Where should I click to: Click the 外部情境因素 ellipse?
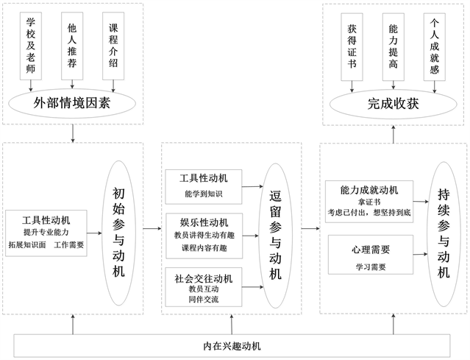[x=72, y=104]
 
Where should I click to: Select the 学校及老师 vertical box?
[x=31, y=46]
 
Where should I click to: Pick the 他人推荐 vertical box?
[x=72, y=46]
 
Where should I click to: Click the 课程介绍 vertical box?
[x=113, y=46]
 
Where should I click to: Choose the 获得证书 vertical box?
[x=352, y=46]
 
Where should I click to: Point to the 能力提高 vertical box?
[x=394, y=46]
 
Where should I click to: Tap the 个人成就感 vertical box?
[x=435, y=46]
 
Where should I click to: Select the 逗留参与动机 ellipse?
[x=275, y=232]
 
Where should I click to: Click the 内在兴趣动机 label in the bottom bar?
[x=232, y=346]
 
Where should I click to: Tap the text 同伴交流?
[x=203, y=300]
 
